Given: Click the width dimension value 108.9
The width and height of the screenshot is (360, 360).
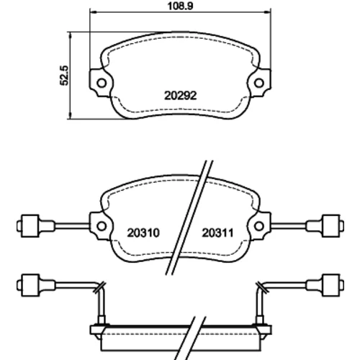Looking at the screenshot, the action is [x=180, y=6].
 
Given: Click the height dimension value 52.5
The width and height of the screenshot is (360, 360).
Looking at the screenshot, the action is [x=64, y=76].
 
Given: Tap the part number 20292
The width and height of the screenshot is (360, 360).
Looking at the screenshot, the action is [x=181, y=96].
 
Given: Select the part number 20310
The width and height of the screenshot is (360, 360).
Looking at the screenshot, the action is [x=143, y=233].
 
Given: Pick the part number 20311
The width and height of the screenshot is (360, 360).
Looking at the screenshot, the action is [x=217, y=233].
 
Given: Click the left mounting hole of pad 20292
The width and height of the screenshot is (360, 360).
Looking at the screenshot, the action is [x=102, y=83].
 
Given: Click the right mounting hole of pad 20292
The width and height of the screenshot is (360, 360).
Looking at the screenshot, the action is [x=259, y=83].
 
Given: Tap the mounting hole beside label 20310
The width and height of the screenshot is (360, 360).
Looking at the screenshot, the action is [x=102, y=226].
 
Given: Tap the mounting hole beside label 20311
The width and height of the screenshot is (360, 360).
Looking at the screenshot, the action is [x=259, y=226].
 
